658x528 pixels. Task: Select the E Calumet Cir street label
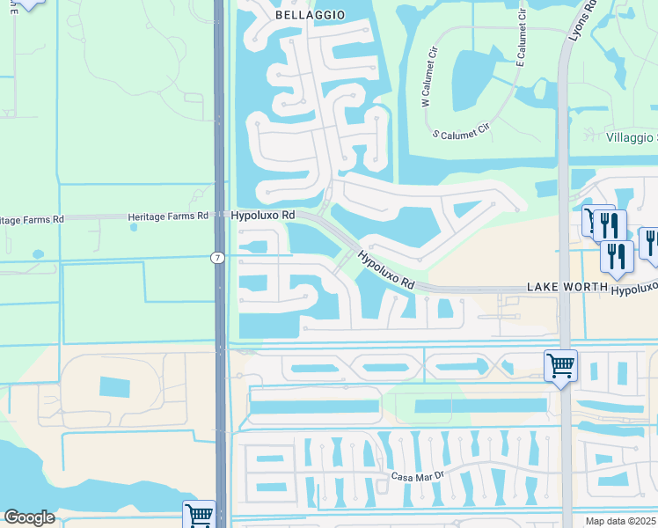coord(521,45)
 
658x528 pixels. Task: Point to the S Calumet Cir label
coord(461,133)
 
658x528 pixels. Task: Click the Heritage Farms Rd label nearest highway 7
coord(167,216)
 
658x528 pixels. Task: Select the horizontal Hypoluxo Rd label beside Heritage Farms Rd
coord(263,216)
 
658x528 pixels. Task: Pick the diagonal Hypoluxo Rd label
coord(385,269)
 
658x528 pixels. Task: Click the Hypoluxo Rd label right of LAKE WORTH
coord(634,288)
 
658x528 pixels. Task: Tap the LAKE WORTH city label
coord(567,288)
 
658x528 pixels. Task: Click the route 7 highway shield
coord(217,258)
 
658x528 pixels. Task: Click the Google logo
coord(29,517)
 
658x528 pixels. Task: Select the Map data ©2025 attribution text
coord(621,521)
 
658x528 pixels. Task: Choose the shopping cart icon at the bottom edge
coord(199,514)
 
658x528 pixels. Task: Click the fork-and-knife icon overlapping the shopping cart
coord(610,225)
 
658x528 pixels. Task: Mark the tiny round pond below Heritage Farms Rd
coord(134,227)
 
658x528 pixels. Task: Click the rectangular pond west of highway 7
coord(114,386)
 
